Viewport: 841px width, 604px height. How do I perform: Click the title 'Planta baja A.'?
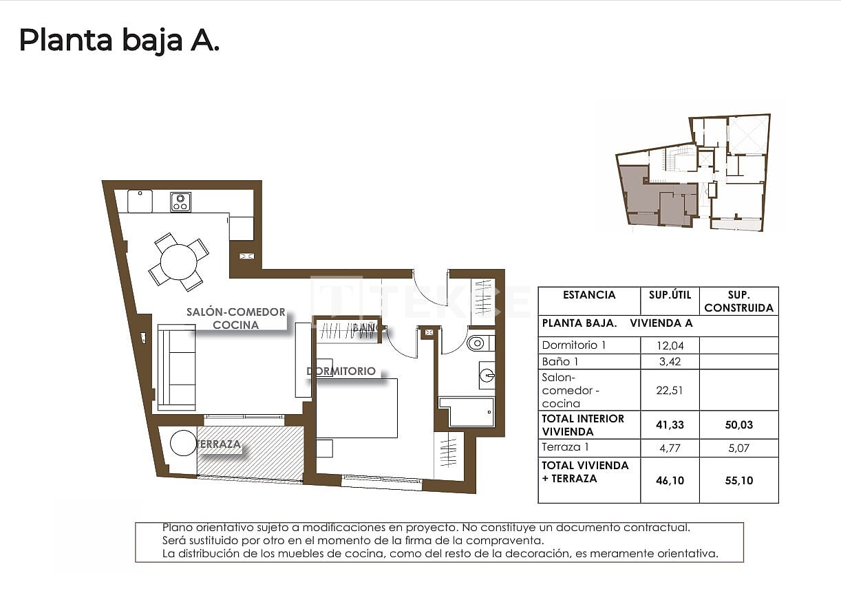[x=119, y=41]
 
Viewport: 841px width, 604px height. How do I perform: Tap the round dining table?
[x=178, y=261]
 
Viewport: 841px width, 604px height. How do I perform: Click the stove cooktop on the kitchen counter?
[x=181, y=202]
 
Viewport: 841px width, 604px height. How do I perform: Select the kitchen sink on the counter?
[x=139, y=202]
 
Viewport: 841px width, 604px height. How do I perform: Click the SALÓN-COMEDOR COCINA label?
[x=235, y=319]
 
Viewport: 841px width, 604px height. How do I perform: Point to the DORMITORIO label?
[x=341, y=371]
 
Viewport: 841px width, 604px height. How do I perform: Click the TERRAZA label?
[x=219, y=444]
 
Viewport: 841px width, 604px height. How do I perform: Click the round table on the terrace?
[x=184, y=443]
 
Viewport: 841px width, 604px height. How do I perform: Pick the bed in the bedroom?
[x=356, y=408]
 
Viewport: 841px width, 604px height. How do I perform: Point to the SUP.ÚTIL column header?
[x=669, y=295]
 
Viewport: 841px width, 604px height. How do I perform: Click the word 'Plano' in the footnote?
[x=176, y=528]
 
